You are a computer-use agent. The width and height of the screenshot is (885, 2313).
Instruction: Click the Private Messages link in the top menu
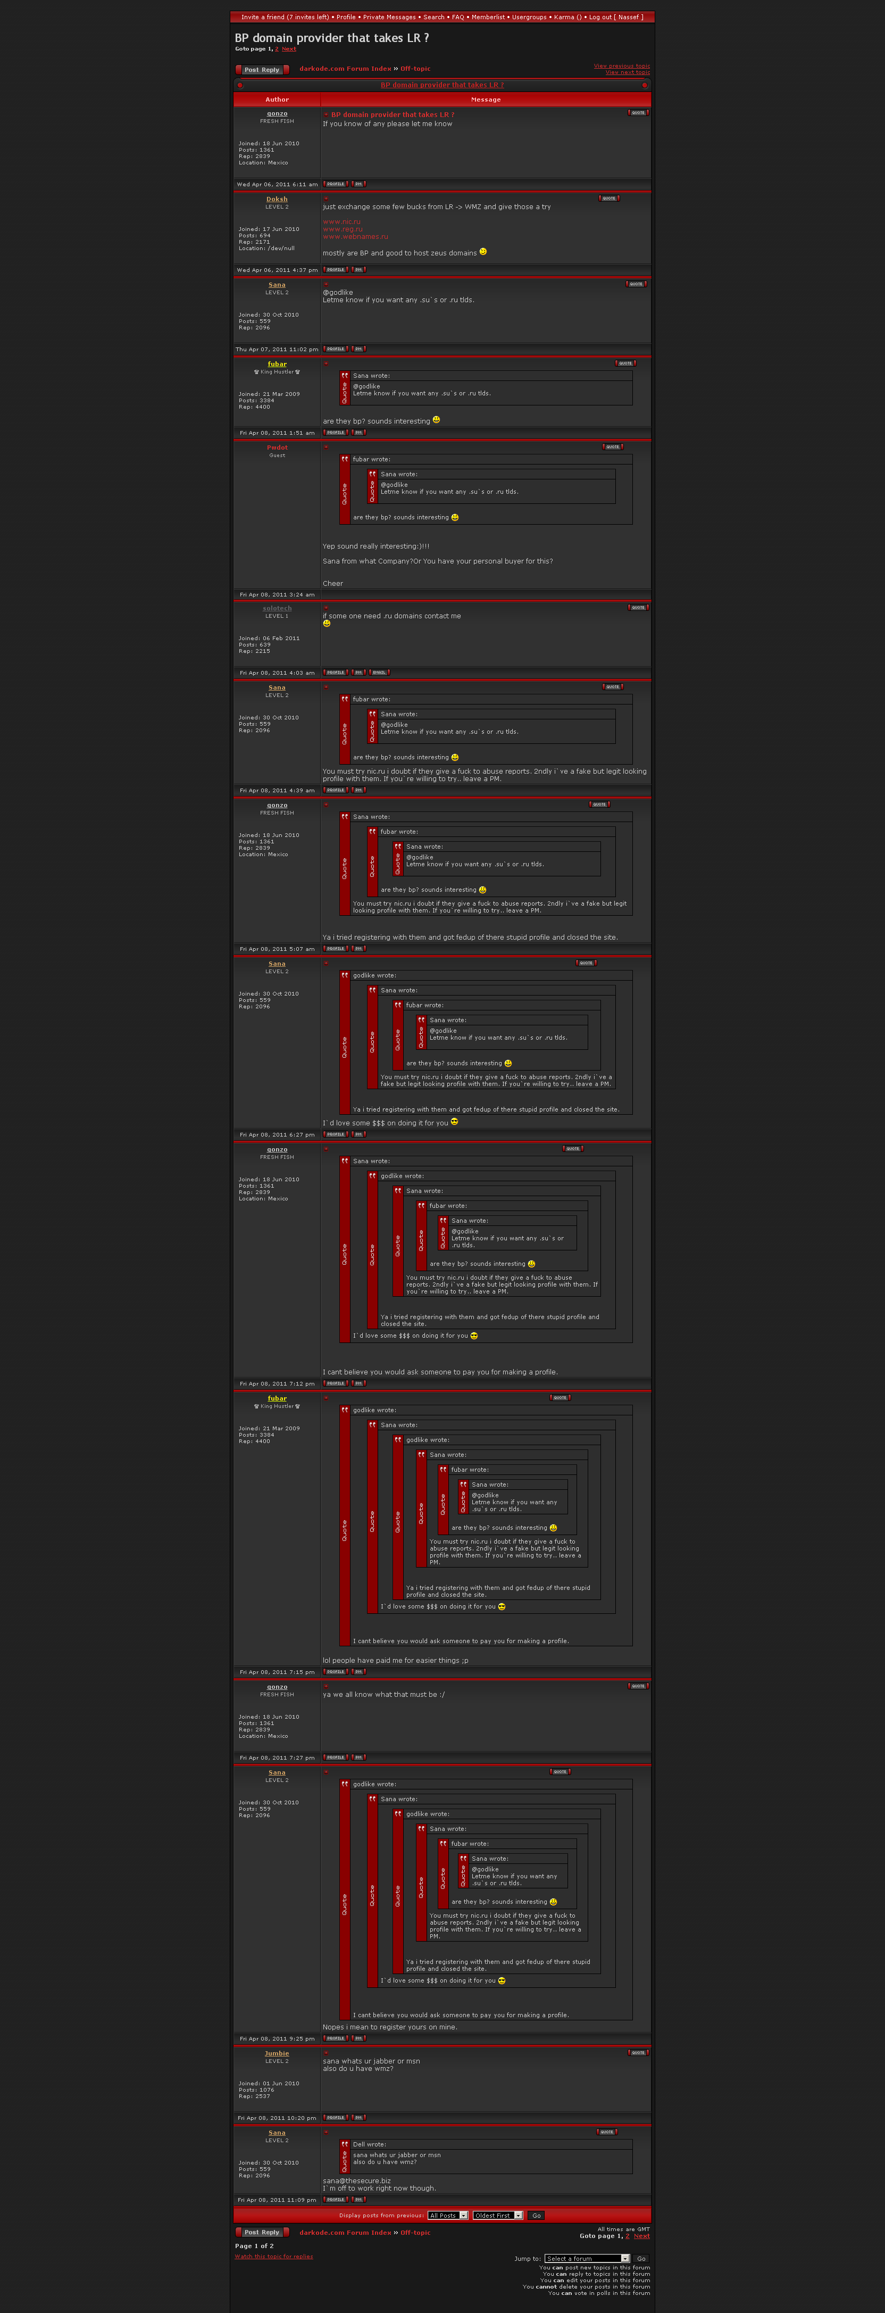pos(389,17)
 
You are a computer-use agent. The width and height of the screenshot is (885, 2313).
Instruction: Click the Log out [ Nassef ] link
pos(616,17)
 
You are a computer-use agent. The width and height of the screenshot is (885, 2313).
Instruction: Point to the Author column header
pos(277,100)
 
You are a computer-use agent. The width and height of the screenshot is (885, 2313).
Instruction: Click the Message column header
pos(486,100)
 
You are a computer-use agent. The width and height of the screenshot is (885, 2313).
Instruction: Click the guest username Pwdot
pos(277,447)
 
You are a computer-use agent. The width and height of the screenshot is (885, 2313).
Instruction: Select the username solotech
pos(277,608)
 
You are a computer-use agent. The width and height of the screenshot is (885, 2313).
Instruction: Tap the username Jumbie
pos(277,2053)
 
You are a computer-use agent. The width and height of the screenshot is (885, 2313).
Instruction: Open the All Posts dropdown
pos(447,2215)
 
